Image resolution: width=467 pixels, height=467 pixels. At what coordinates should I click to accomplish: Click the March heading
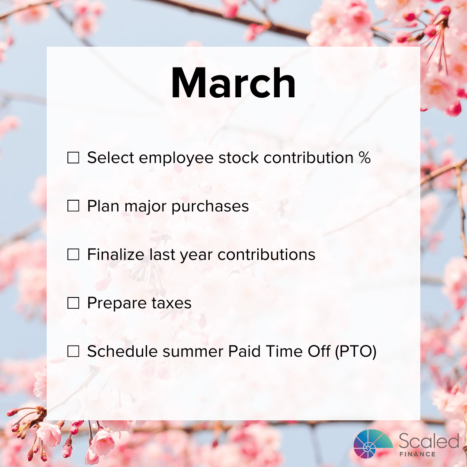[x=233, y=83]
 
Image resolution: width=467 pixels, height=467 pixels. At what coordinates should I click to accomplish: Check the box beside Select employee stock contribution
[x=74, y=158]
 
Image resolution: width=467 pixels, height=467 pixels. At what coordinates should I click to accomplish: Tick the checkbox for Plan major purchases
[x=74, y=207]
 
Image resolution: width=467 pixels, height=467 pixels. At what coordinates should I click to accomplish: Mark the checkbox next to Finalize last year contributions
[x=74, y=255]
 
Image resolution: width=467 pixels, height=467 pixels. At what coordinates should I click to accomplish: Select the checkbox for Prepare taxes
[x=74, y=304]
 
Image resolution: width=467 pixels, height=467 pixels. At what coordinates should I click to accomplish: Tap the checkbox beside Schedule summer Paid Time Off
[x=74, y=352]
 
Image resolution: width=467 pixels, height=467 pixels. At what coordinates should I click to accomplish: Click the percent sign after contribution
[x=364, y=158]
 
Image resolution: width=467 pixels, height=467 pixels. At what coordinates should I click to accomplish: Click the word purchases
[x=210, y=207]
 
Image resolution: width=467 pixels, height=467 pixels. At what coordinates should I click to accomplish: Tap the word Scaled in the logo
[x=428, y=441]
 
